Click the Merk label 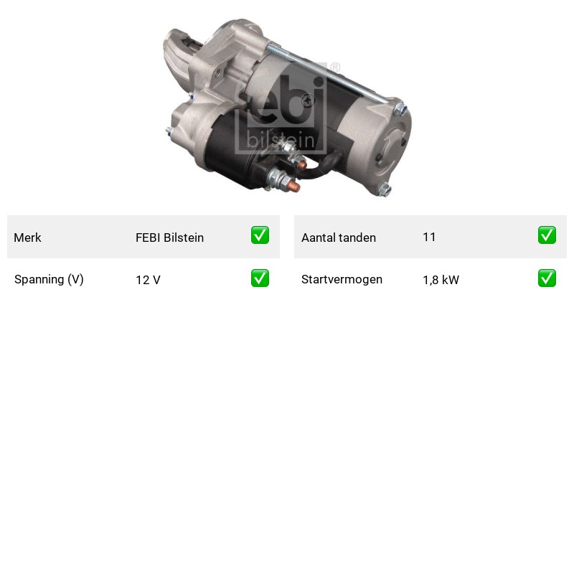[27, 237]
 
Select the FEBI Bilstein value [169, 237]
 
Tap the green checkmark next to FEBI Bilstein [260, 235]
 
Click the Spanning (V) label [49, 280]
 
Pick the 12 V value [148, 280]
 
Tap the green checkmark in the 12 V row [260, 278]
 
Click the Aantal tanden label [339, 237]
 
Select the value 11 [429, 237]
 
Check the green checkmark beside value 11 [547, 235]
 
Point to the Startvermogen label [342, 280]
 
